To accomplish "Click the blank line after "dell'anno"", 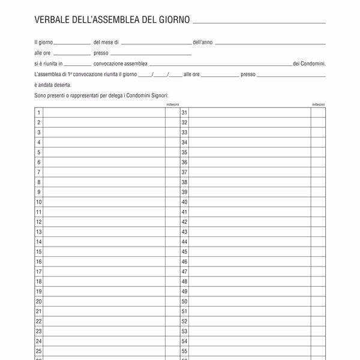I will tap(270, 43).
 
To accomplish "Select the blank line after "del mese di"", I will tap(155, 43).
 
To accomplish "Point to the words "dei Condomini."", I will tap(309, 64).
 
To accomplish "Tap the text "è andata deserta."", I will tap(53, 85).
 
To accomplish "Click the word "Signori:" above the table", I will tap(158, 95).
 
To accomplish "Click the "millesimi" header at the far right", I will tap(318, 104).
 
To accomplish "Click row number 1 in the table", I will tap(38, 112).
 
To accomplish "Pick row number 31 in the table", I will tap(184, 112).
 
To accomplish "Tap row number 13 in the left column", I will tap(39, 232).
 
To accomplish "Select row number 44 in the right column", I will tap(184, 242).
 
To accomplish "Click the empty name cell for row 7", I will tap(104, 172).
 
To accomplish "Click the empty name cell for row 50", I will tap(250, 301).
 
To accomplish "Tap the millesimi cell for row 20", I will tap(172, 301).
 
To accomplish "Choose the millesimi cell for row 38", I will tap(318, 182).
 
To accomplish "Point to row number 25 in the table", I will tap(39, 351).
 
